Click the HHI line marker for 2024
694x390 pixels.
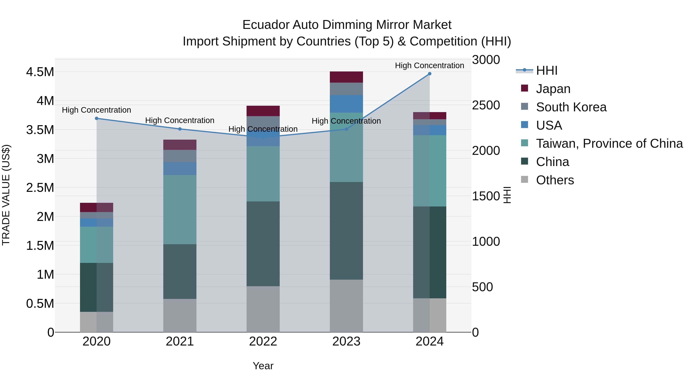coord(430,74)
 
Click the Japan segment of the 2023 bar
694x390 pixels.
coord(346,77)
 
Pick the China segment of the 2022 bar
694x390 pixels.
coord(263,244)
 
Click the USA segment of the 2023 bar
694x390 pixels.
coord(346,104)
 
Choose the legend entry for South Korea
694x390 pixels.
coord(571,107)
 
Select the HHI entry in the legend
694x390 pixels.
coord(546,70)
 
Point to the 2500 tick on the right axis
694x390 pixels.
coord(486,105)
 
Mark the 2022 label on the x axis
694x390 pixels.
coord(263,341)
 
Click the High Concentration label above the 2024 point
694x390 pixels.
coord(430,65)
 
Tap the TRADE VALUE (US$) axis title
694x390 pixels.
coord(6,195)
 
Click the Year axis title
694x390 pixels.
coord(263,366)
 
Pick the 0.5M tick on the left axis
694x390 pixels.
coord(40,304)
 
